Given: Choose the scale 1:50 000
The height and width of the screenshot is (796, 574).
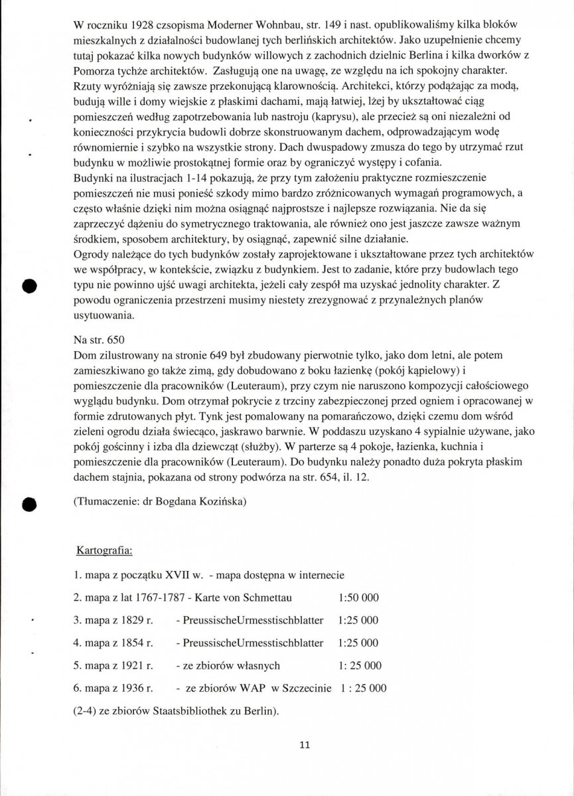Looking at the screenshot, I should [358, 597].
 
